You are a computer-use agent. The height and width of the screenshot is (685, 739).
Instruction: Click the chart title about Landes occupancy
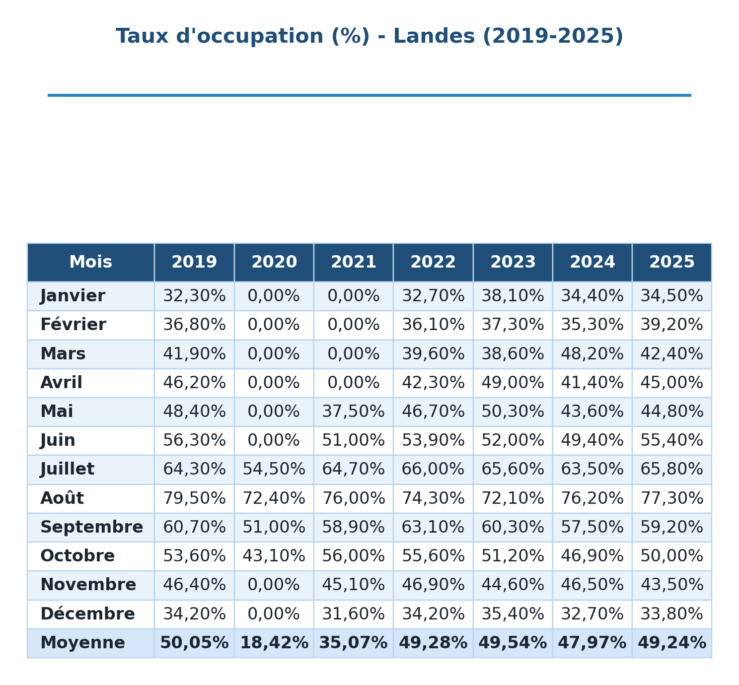click(x=369, y=36)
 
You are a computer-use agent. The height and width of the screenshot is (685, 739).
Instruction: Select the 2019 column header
click(x=194, y=262)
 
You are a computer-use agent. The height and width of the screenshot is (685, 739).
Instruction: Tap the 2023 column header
click(x=513, y=262)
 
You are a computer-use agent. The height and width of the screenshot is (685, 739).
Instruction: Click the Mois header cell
click(x=91, y=262)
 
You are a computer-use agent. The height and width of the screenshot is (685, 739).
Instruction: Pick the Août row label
click(x=62, y=498)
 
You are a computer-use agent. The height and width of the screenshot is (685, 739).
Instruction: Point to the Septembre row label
click(x=91, y=528)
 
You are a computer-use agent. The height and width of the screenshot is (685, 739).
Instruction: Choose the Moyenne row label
click(x=82, y=643)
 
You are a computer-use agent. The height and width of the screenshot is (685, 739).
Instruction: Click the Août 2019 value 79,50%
click(x=194, y=498)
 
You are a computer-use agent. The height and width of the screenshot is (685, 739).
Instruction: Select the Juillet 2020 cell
click(x=274, y=469)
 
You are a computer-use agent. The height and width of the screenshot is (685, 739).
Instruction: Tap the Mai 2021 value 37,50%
click(x=354, y=412)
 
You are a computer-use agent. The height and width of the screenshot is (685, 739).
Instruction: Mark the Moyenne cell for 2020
click(x=274, y=643)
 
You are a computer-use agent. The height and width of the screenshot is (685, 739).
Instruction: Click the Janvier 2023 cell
click(x=513, y=296)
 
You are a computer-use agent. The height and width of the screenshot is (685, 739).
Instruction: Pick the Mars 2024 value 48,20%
click(x=592, y=354)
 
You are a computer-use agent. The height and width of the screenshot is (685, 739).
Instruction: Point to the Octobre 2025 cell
click(x=671, y=556)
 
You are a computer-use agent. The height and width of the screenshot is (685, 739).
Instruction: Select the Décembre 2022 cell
click(x=433, y=614)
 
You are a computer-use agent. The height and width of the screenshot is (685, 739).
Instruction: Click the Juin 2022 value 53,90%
click(x=433, y=441)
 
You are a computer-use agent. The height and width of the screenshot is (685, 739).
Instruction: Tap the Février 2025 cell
click(x=671, y=325)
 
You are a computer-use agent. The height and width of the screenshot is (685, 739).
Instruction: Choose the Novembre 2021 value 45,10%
click(x=354, y=585)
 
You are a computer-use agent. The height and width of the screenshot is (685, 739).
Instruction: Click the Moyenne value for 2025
click(x=672, y=643)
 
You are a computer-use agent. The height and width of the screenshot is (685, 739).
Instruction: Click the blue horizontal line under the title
click(x=369, y=95)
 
